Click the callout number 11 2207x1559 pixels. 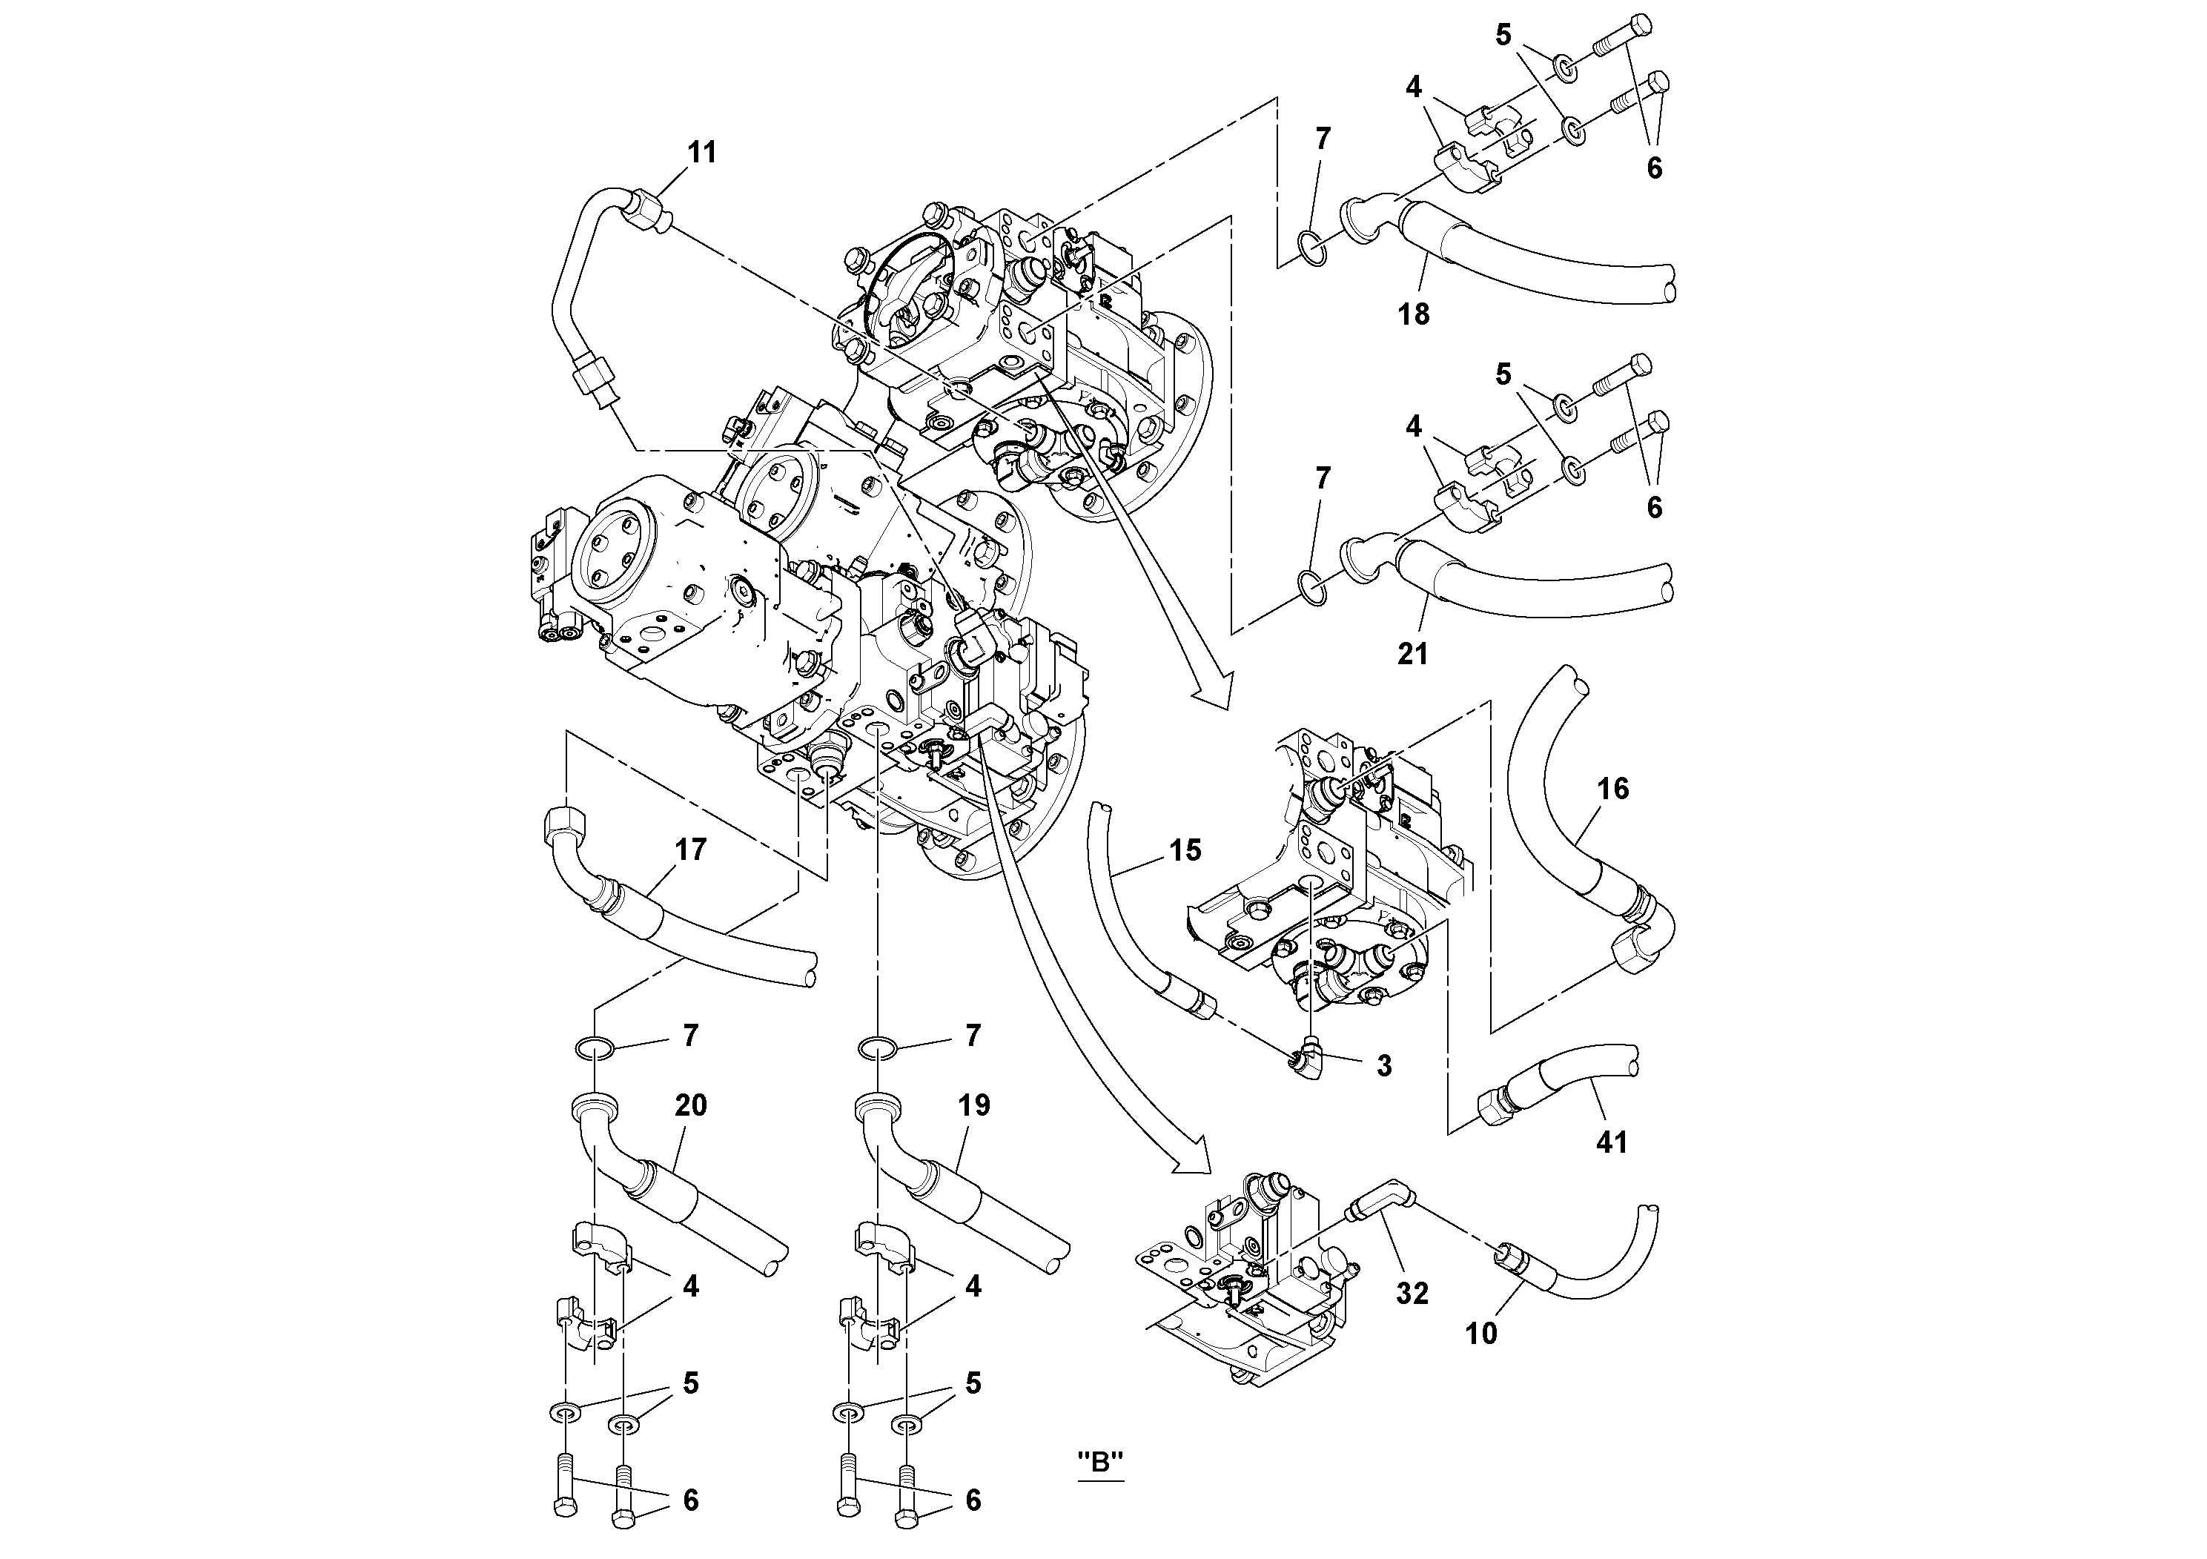(702, 153)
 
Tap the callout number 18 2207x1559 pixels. (1413, 314)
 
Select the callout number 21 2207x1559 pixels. (1412, 654)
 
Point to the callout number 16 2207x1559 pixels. (1613, 789)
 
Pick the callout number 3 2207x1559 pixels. (1383, 1066)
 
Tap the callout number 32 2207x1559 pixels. (1412, 1294)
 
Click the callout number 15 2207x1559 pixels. (1185, 850)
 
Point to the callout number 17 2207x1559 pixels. (690, 850)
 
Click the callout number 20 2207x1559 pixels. (690, 1105)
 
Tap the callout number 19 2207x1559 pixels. (973, 1105)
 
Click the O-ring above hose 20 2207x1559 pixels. (595, 1047)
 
